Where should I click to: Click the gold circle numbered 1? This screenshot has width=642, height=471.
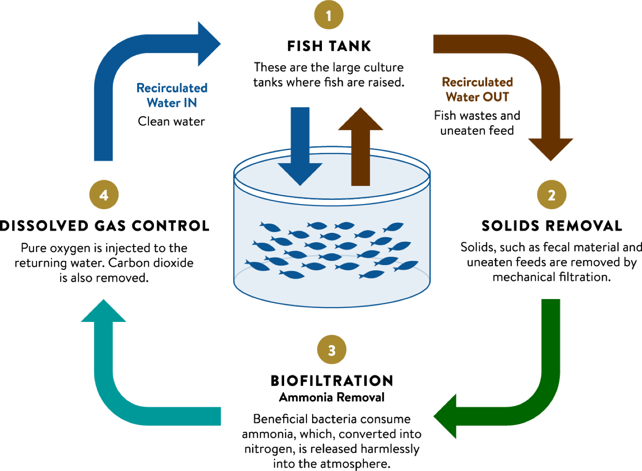tap(329, 15)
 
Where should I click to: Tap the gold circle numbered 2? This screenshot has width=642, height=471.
tap(551, 195)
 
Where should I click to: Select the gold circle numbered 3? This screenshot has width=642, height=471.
tap(332, 350)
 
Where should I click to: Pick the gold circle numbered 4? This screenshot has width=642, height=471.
tap(104, 195)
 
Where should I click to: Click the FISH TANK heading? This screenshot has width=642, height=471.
tap(329, 46)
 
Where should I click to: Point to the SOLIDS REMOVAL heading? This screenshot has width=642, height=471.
tap(551, 226)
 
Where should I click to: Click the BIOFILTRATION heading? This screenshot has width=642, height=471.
tap(332, 380)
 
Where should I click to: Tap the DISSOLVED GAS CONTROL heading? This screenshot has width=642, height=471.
tap(105, 226)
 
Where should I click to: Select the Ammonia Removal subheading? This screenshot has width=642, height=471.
tap(332, 397)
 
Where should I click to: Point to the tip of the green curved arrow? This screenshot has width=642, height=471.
tap(437, 416)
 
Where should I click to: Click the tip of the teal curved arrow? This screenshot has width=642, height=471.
tap(103, 303)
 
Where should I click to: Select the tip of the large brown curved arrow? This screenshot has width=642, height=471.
tap(550, 158)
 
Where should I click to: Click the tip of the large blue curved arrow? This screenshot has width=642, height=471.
tap(218, 43)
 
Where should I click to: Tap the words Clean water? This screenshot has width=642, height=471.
tap(171, 122)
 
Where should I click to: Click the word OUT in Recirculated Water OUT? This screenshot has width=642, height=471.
tap(496, 97)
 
